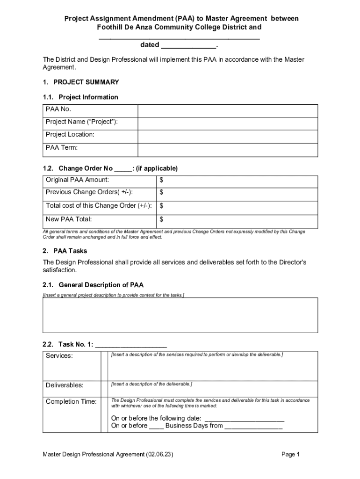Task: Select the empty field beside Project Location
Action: click(x=228, y=135)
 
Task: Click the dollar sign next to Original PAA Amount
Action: click(x=161, y=180)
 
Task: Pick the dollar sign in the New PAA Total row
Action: click(x=161, y=219)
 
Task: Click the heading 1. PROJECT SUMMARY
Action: click(x=80, y=82)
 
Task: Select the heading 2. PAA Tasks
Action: click(x=65, y=251)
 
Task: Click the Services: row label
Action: click(x=59, y=356)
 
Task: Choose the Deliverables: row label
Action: click(x=65, y=385)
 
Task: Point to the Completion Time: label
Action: click(x=72, y=402)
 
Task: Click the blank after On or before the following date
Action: click(x=245, y=419)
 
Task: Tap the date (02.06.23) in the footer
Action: click(x=159, y=455)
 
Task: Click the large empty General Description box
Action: click(x=180, y=315)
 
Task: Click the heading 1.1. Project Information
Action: click(x=80, y=97)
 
